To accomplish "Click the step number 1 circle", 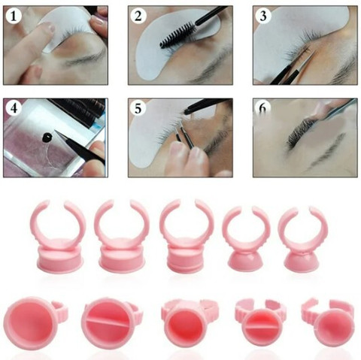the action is [x=14, y=17].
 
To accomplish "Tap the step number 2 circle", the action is [x=138, y=16].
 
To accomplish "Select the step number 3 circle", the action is [x=263, y=17].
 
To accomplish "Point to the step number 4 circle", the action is [x=14, y=108].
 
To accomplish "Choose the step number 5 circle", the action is [x=138, y=108].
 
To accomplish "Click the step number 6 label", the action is [x=262, y=107].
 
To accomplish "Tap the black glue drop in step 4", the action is [x=47, y=137].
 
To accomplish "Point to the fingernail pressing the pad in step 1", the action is [x=51, y=28].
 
